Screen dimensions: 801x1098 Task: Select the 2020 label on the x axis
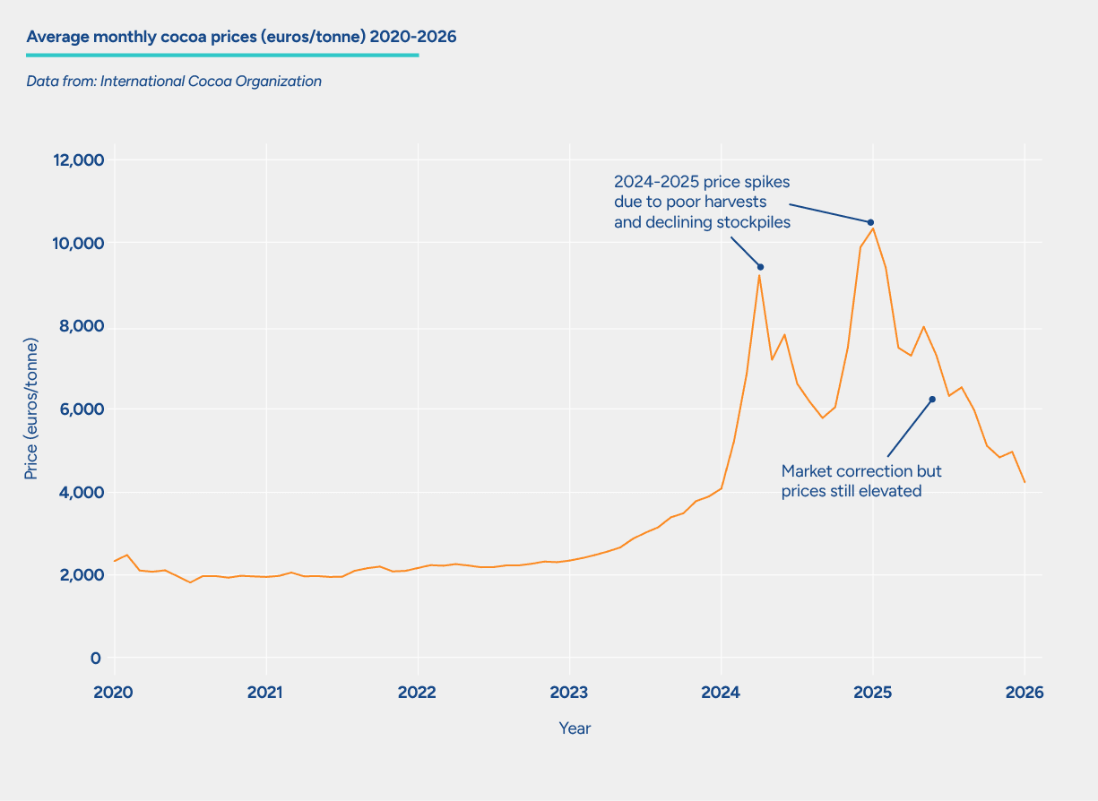(x=114, y=693)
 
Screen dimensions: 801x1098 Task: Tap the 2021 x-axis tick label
(x=265, y=693)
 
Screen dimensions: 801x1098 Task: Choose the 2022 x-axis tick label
(x=418, y=693)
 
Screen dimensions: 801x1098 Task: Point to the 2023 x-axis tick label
(x=569, y=693)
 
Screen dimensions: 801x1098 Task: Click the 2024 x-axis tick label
(x=721, y=693)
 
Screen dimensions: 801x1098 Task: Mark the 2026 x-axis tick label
(x=1025, y=693)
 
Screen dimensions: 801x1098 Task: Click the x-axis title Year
(x=575, y=728)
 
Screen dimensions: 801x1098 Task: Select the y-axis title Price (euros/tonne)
(x=31, y=409)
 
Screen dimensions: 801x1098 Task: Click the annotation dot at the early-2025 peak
(x=870, y=222)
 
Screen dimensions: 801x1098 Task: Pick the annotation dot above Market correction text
(x=932, y=400)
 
